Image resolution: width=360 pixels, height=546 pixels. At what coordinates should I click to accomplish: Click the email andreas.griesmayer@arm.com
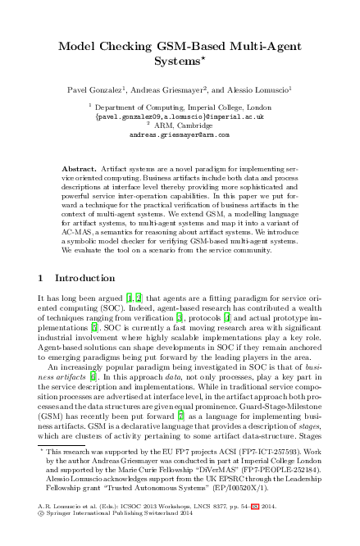coord(180,134)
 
